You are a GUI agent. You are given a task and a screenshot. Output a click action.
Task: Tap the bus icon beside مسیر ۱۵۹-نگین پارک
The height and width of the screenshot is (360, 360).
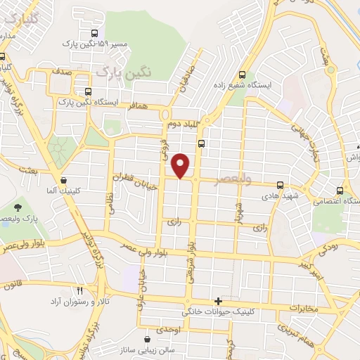(x=95, y=33)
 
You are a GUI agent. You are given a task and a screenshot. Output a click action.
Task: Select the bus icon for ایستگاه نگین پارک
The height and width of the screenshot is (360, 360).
(x=88, y=91)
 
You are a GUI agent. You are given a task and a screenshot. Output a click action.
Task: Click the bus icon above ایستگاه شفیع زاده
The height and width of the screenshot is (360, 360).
(x=243, y=75)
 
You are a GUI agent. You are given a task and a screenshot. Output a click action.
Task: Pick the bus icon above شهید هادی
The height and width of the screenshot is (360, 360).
(x=280, y=185)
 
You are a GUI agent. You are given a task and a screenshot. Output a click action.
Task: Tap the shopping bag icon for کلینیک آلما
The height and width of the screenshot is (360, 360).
(x=64, y=179)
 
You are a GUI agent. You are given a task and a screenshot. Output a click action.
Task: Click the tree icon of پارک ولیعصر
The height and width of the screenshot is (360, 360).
(x=17, y=207)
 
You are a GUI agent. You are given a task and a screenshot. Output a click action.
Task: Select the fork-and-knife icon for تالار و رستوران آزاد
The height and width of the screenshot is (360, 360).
(x=79, y=290)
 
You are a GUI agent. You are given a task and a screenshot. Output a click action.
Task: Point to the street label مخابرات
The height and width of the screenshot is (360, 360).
(x=304, y=308)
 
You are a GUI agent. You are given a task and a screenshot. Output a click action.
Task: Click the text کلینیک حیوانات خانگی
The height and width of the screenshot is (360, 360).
(x=220, y=311)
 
